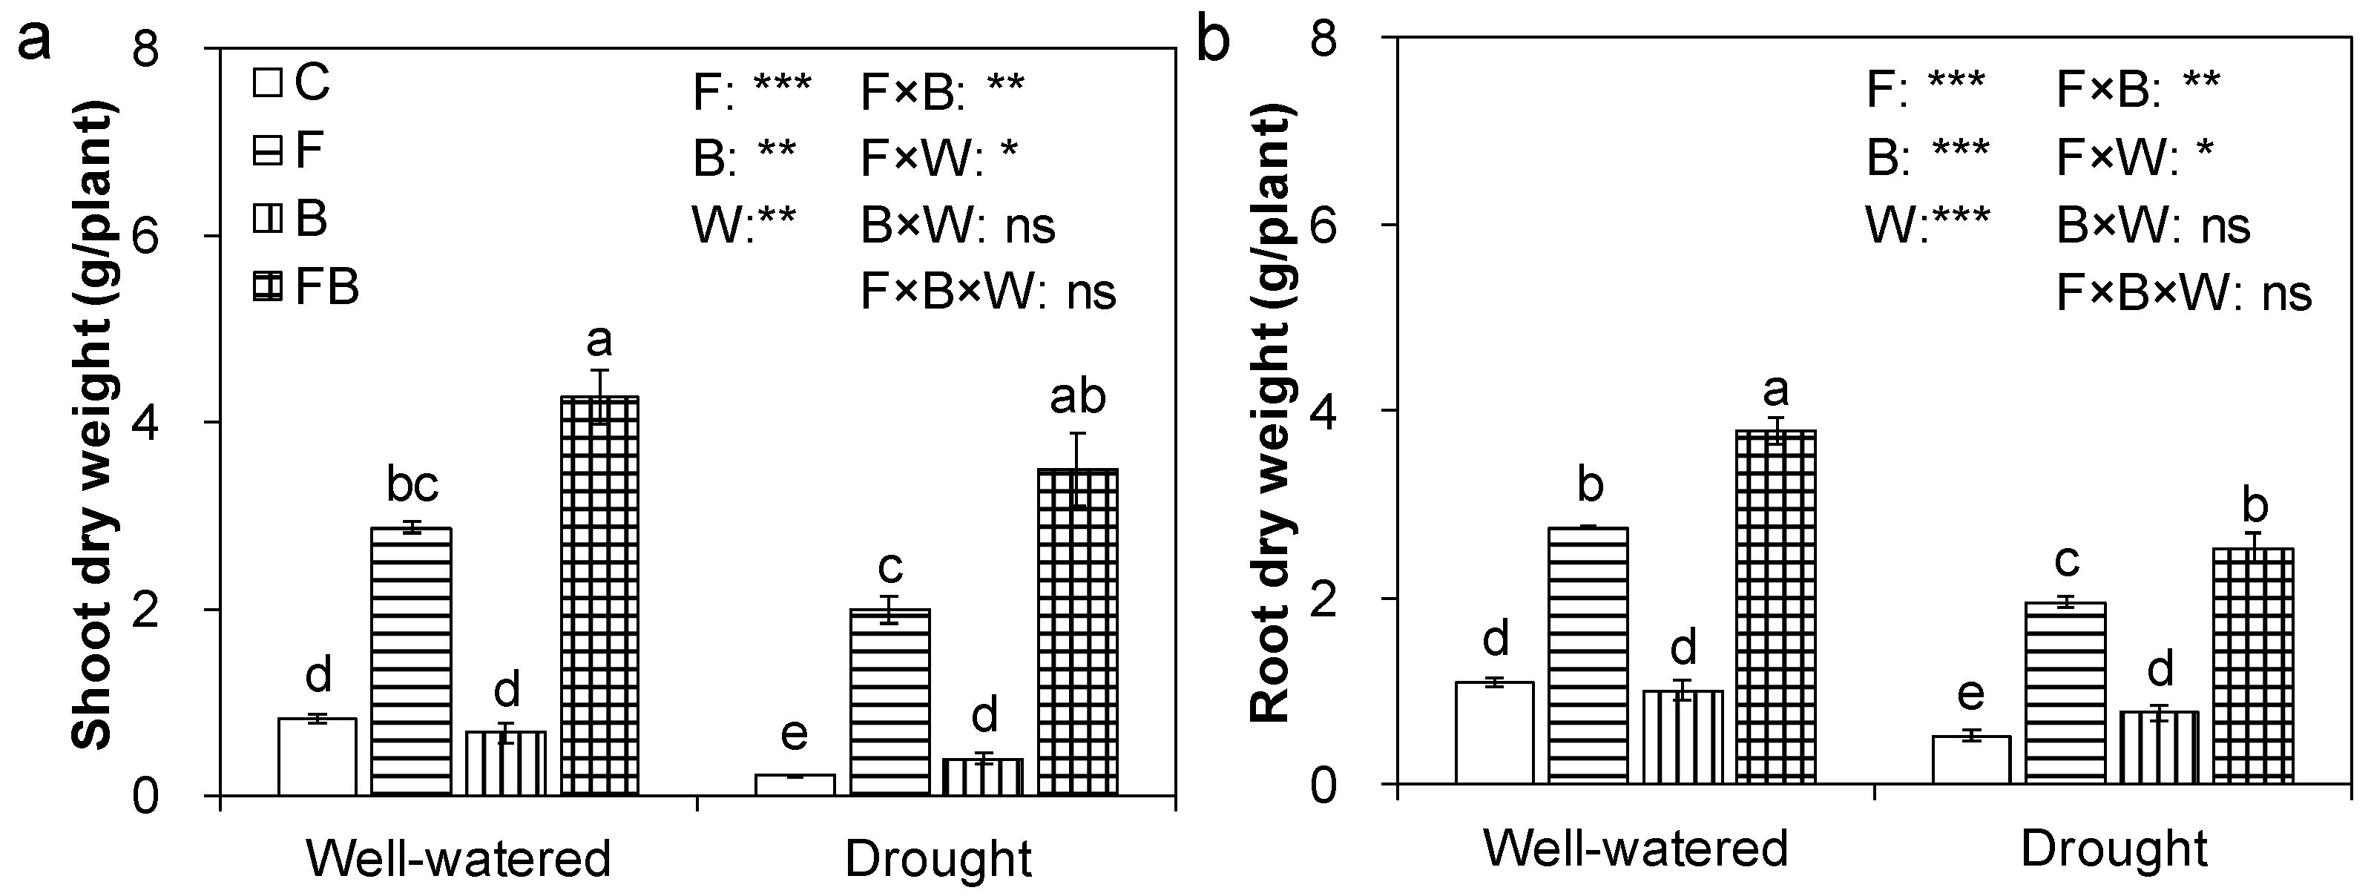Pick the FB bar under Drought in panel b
pyautogui.click(x=2252, y=666)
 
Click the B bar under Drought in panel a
pyautogui.click(x=983, y=777)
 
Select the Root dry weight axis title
pyautogui.click(x=1272, y=414)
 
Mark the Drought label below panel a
pyautogui.click(x=938, y=859)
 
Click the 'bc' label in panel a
pyautogui.click(x=412, y=485)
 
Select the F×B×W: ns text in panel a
pyautogui.click(x=987, y=292)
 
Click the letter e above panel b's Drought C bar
pyautogui.click(x=1970, y=694)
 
